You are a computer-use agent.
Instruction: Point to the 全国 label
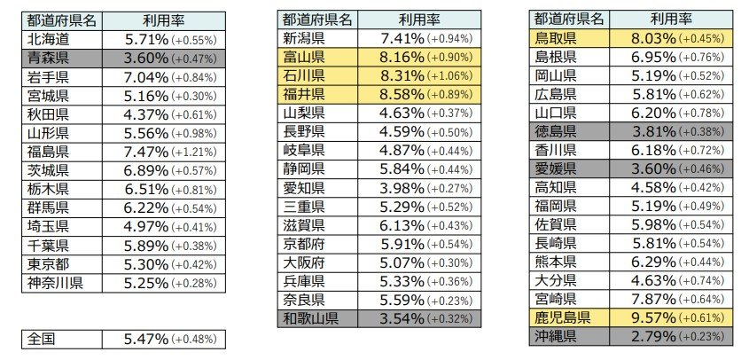(43, 339)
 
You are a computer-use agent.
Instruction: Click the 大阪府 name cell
(303, 262)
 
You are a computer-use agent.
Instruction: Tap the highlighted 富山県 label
(303, 57)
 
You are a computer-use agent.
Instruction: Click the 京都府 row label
(303, 244)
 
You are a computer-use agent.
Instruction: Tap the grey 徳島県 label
(555, 131)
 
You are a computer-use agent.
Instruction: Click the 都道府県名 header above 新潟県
(316, 20)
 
